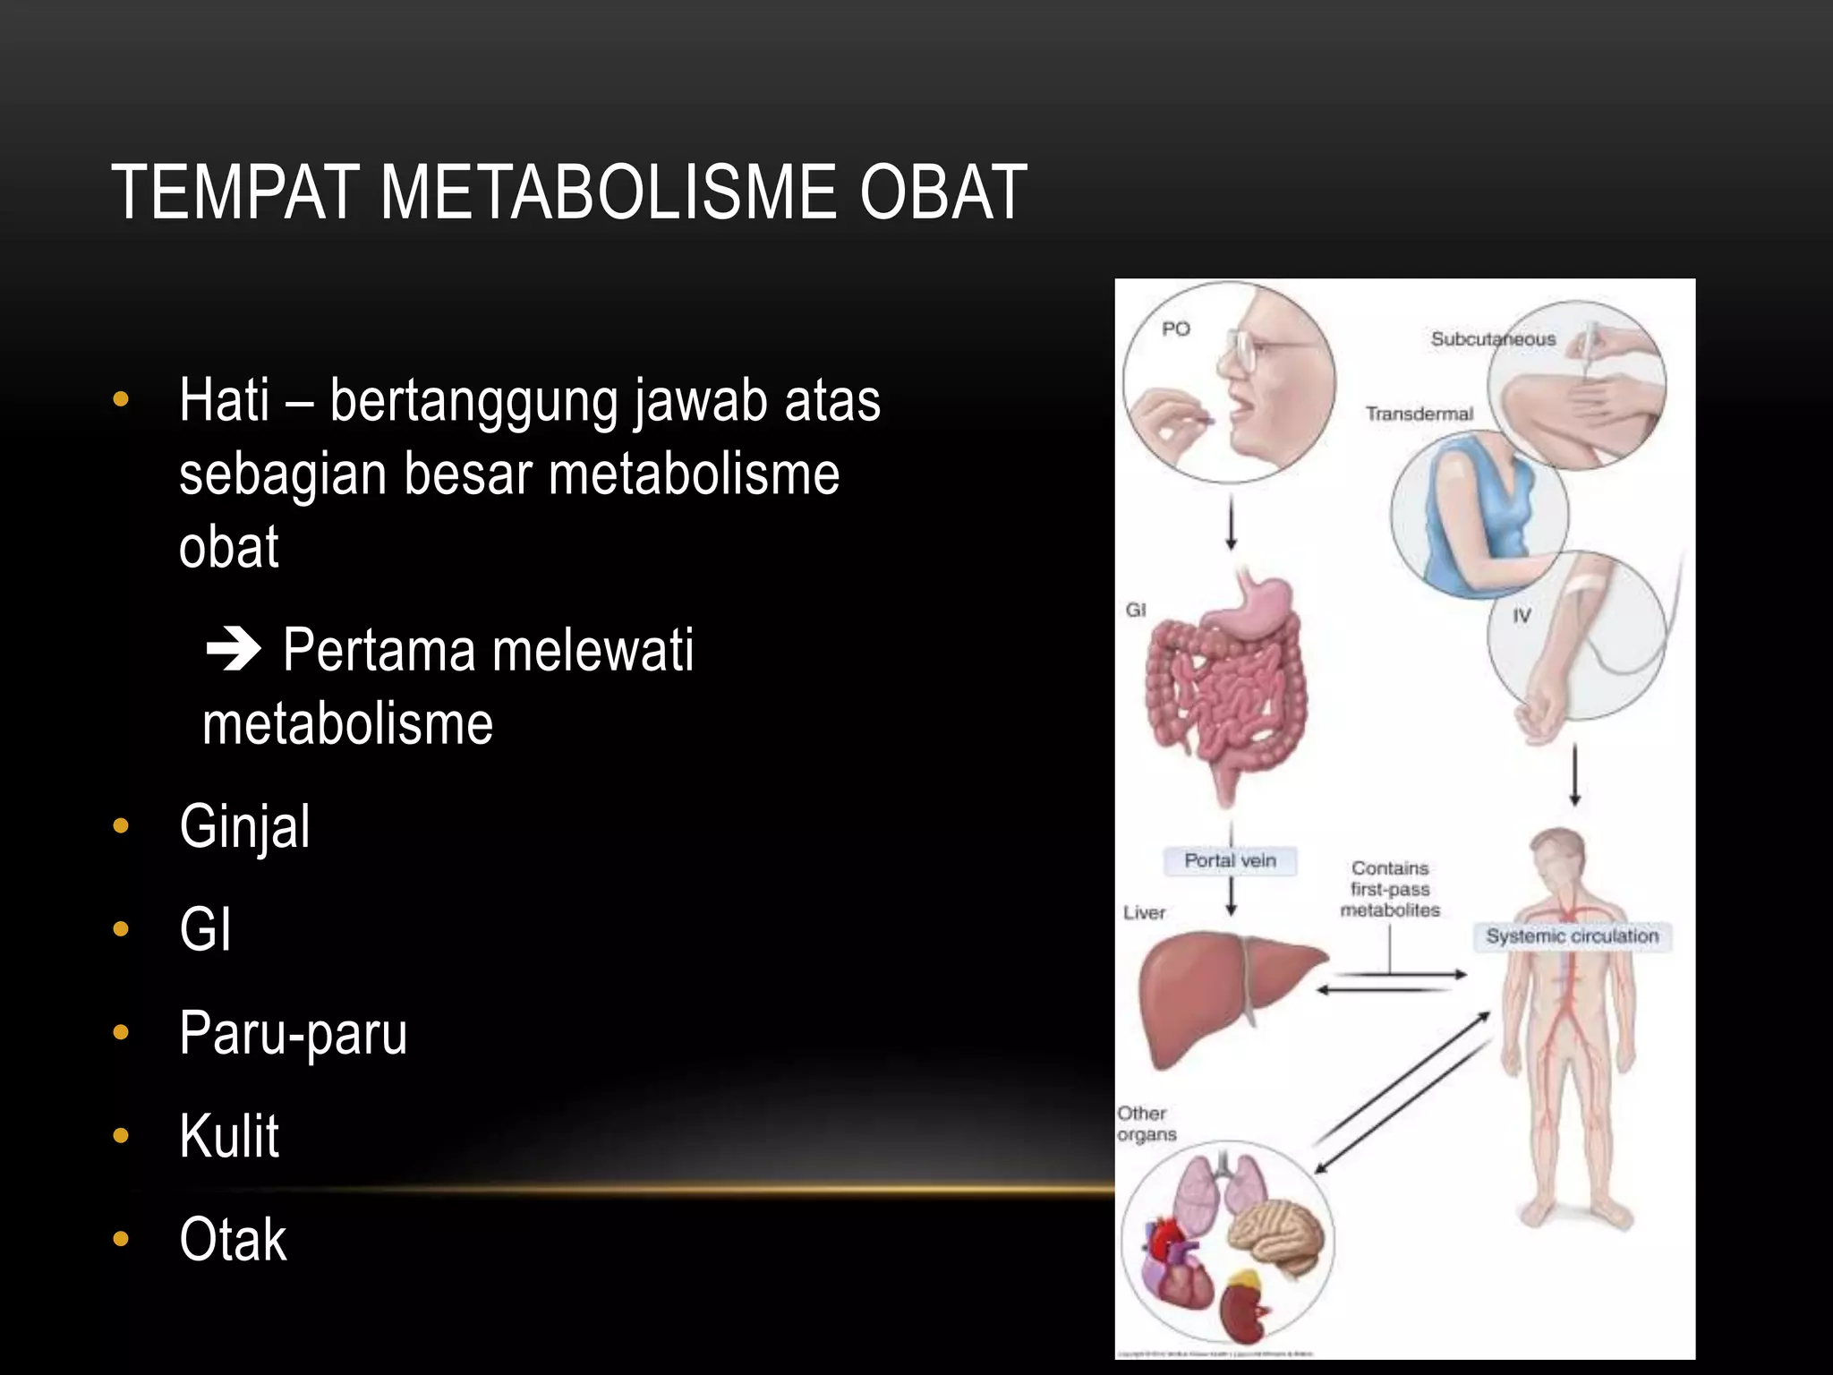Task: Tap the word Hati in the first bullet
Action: (x=224, y=400)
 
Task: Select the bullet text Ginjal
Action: (x=244, y=826)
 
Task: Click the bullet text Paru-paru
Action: (x=293, y=1033)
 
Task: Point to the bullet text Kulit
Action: (x=229, y=1136)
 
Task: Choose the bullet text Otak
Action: (x=233, y=1240)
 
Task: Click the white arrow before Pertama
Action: (x=233, y=650)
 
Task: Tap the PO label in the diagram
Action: (x=1175, y=329)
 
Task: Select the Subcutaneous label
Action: (x=1492, y=339)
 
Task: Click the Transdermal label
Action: (x=1419, y=414)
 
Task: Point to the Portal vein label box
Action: (x=1230, y=860)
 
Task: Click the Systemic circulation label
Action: (x=1572, y=936)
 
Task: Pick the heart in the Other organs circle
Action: (x=1179, y=1271)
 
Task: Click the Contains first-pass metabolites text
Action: (x=1390, y=889)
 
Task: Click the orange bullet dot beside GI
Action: (x=121, y=929)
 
